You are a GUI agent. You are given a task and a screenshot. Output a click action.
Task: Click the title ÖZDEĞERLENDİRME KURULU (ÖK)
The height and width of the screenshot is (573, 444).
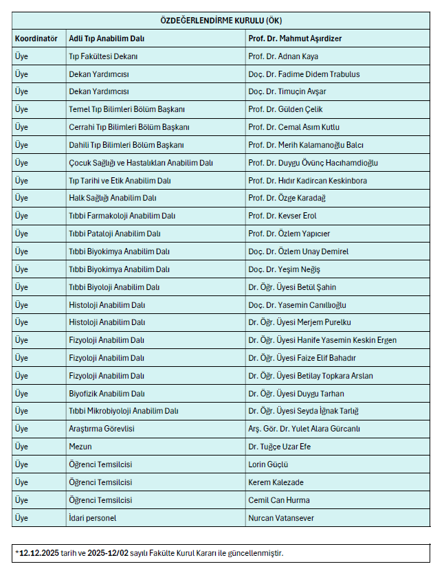pos(221,21)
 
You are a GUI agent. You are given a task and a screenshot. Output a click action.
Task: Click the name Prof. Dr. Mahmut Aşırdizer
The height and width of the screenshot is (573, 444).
pos(295,38)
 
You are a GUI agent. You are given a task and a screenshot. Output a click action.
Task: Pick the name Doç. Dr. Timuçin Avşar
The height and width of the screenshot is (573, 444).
pos(287,91)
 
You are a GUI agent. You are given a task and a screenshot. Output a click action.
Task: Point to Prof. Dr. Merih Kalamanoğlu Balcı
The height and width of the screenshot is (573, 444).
pos(306,145)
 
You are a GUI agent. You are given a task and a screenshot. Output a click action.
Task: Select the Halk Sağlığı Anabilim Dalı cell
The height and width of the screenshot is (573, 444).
pos(113,198)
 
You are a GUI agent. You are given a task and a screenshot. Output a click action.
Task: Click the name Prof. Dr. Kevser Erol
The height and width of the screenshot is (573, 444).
pos(282,216)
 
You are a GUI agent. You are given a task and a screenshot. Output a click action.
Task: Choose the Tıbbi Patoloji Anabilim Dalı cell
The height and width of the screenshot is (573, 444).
pos(115,234)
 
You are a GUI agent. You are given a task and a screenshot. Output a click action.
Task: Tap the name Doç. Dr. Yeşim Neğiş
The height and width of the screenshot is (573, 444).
pos(285,269)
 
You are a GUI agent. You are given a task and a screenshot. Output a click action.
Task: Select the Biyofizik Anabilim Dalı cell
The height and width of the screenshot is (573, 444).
pos(107,394)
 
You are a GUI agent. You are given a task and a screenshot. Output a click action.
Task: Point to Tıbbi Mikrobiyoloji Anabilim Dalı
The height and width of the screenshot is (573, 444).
pos(124,411)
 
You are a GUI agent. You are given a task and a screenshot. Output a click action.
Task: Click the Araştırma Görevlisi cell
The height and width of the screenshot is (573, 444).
pos(102,429)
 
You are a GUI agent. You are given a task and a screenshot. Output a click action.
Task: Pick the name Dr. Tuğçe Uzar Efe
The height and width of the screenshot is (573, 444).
pos(281,447)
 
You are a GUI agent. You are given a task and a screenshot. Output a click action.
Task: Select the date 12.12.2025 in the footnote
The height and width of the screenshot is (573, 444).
pos(38,553)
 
